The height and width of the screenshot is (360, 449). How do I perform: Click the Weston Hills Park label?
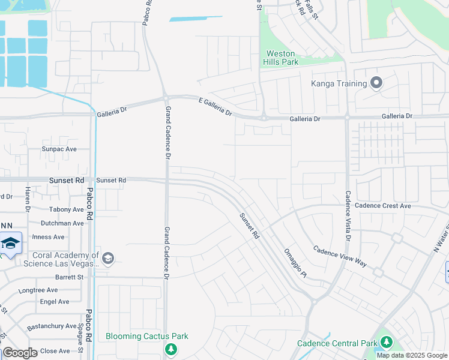[280, 58]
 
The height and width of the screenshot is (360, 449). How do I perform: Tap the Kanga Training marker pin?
[376, 83]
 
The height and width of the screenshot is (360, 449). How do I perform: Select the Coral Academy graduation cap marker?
[108, 259]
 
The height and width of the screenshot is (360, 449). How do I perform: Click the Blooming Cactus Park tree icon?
[172, 349]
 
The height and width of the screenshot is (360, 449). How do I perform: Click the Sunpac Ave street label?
[59, 149]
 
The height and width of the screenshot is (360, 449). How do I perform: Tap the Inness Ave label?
[48, 237]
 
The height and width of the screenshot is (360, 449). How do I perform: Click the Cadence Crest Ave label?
[382, 206]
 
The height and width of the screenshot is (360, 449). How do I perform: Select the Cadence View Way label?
[340, 256]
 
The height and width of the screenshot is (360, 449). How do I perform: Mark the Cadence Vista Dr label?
[347, 215]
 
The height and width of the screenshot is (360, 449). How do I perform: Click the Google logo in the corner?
[20, 353]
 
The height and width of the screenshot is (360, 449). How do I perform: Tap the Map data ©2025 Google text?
[412, 355]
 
